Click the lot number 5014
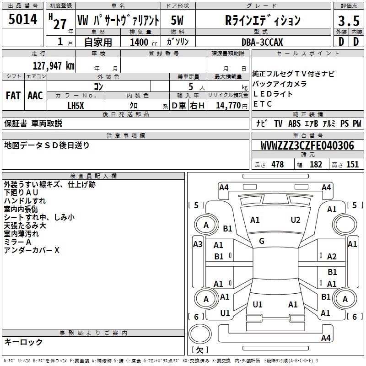point(22,20)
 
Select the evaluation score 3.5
point(348,21)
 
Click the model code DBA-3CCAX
point(262,42)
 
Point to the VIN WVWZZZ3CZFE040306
point(307,146)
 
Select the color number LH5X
point(75,106)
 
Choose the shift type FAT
point(13,96)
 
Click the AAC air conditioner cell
point(35,96)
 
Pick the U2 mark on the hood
point(296,220)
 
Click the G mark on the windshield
point(262,241)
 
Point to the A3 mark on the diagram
point(198,244)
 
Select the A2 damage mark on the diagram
point(332,257)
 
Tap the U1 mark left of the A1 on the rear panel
point(258,304)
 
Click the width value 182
point(316,164)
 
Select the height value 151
point(352,164)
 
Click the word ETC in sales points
point(263,104)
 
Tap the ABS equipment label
point(294,124)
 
